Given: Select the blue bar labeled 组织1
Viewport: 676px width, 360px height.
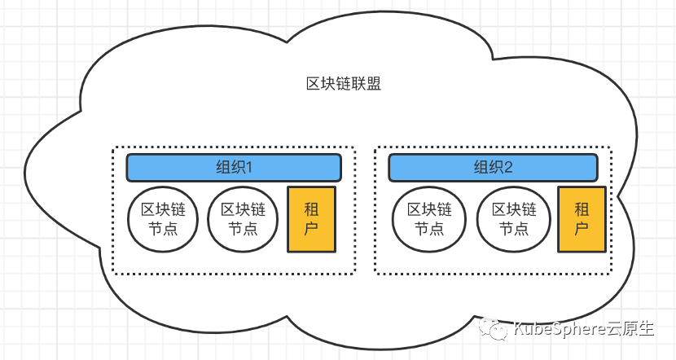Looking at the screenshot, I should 233,168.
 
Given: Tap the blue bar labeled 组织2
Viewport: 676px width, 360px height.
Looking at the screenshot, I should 493,168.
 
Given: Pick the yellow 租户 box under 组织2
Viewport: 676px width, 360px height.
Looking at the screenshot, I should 582,218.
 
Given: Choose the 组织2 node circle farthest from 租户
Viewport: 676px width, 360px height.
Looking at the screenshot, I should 428,218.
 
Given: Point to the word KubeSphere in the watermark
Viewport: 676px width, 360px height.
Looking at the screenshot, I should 556,329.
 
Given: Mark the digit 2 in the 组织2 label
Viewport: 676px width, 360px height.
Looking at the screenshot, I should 509,168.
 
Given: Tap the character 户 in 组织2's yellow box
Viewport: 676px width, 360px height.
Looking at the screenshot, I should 582,229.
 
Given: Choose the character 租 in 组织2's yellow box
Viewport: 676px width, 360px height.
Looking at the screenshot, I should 582,209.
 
